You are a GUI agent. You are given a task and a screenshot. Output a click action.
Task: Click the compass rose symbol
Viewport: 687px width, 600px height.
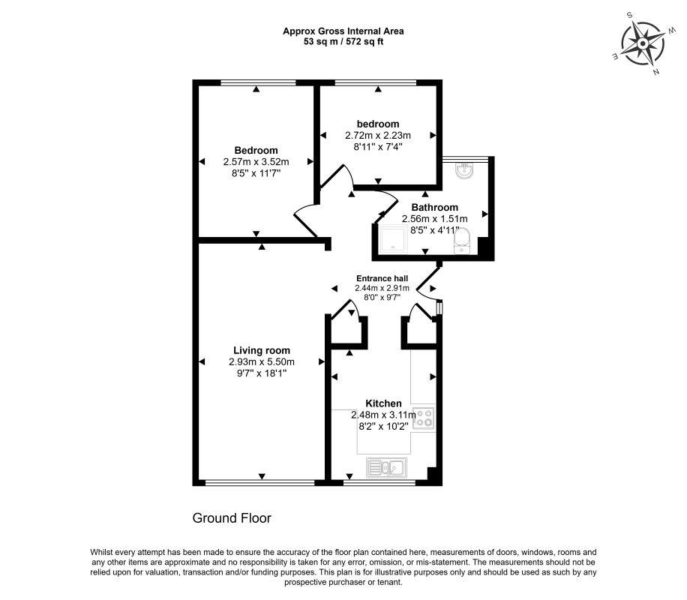click(642, 43)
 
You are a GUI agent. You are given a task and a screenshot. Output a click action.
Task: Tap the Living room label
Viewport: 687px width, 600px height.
click(262, 350)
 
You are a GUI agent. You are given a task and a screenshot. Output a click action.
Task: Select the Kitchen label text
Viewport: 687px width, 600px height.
click(383, 403)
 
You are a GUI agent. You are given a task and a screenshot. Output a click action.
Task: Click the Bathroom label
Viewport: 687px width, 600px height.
click(435, 207)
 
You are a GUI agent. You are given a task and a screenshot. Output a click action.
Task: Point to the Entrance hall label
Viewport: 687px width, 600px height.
click(382, 278)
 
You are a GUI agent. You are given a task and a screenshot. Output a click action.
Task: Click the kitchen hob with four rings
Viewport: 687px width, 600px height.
click(424, 417)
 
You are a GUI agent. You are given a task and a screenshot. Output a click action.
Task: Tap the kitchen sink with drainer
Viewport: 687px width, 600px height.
click(386, 468)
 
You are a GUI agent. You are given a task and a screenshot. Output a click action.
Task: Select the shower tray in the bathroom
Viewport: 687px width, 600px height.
click(394, 239)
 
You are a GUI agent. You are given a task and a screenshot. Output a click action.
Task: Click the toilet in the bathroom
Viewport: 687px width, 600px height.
click(462, 241)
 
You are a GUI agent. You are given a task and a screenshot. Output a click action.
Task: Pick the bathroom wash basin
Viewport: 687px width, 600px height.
click(464, 171)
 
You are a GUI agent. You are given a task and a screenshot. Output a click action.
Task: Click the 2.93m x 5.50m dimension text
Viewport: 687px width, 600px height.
click(262, 362)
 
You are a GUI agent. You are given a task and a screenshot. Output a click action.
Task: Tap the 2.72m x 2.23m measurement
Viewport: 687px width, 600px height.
click(378, 136)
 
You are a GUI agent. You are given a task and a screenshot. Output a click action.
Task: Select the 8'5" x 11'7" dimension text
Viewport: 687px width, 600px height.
click(256, 173)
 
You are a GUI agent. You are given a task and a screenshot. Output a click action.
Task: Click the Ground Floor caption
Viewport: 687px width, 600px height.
click(232, 518)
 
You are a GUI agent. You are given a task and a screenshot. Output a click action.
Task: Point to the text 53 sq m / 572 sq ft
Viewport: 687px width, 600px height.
click(343, 42)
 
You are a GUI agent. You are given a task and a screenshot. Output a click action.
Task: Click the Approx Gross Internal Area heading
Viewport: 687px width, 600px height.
click(343, 31)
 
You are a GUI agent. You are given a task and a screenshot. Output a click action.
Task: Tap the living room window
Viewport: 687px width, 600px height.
click(260, 483)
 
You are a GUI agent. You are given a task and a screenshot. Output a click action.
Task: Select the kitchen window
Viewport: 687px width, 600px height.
click(379, 483)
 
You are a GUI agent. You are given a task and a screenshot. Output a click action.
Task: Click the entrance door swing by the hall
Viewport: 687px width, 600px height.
click(427, 282)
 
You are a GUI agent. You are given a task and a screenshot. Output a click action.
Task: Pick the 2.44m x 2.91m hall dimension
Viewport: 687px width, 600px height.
click(382, 288)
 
